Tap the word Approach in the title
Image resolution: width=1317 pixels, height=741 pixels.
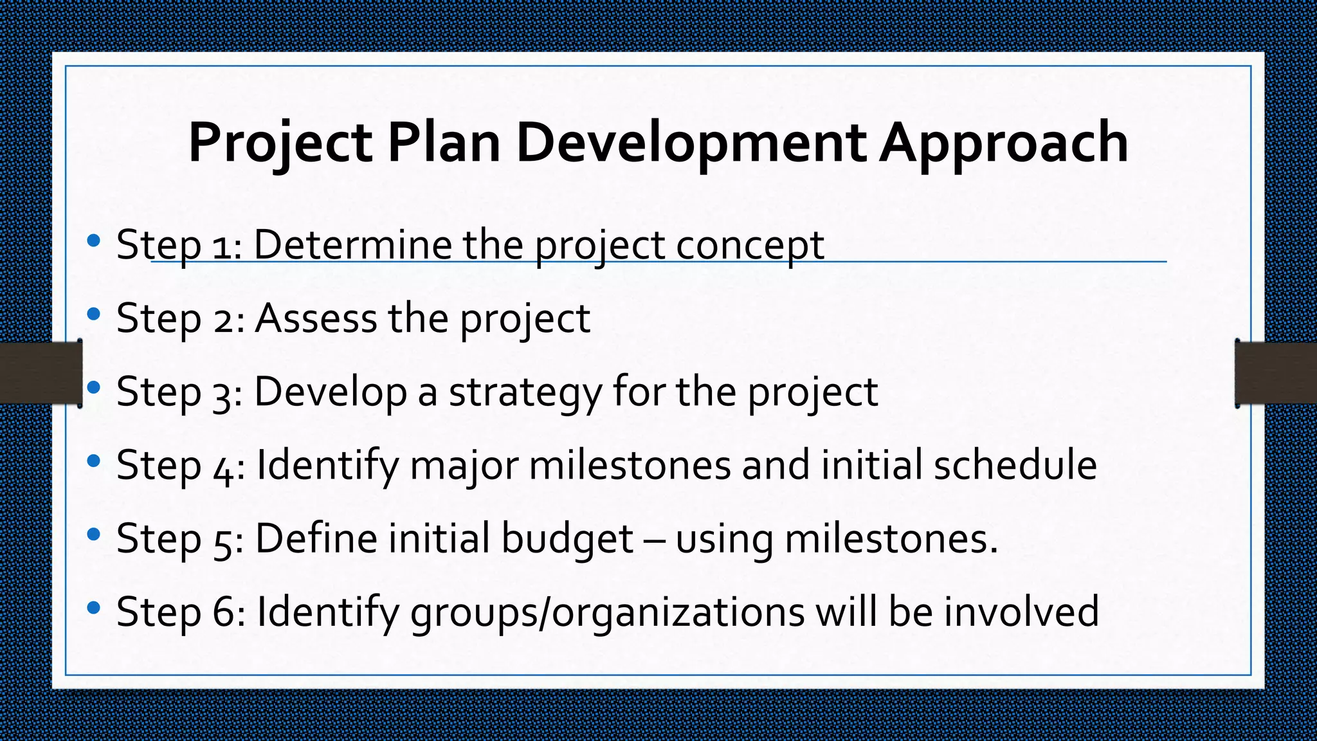tap(1004, 143)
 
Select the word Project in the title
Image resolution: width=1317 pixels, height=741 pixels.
tap(280, 143)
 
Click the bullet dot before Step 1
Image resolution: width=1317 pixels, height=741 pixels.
tap(94, 241)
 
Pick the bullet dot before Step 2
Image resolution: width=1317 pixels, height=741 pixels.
tap(94, 315)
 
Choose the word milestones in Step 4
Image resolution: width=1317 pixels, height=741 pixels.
tap(630, 465)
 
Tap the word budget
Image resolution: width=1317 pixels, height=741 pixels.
tap(567, 539)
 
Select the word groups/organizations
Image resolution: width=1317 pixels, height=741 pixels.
tap(607, 612)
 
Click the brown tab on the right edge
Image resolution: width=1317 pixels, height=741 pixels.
tap(1276, 373)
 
